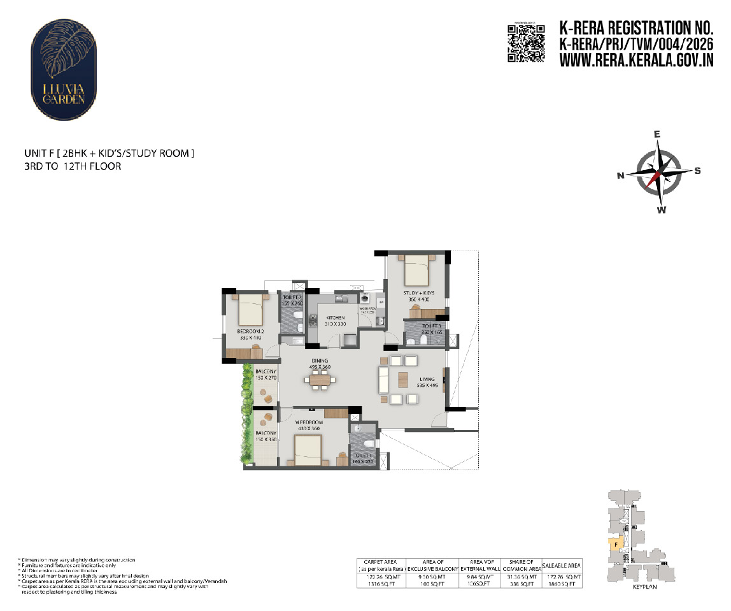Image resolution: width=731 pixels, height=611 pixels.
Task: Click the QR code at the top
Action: (526, 43)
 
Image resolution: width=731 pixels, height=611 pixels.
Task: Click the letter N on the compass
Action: (620, 176)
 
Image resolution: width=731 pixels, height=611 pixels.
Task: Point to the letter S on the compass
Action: (697, 170)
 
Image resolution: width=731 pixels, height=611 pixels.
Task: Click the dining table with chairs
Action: (320, 381)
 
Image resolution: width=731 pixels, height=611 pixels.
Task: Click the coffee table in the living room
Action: (402, 380)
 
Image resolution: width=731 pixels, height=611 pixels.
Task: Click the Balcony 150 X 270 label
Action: (266, 375)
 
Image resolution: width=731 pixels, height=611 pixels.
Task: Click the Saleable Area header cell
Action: (561, 565)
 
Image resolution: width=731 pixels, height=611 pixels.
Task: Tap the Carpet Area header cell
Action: (381, 565)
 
